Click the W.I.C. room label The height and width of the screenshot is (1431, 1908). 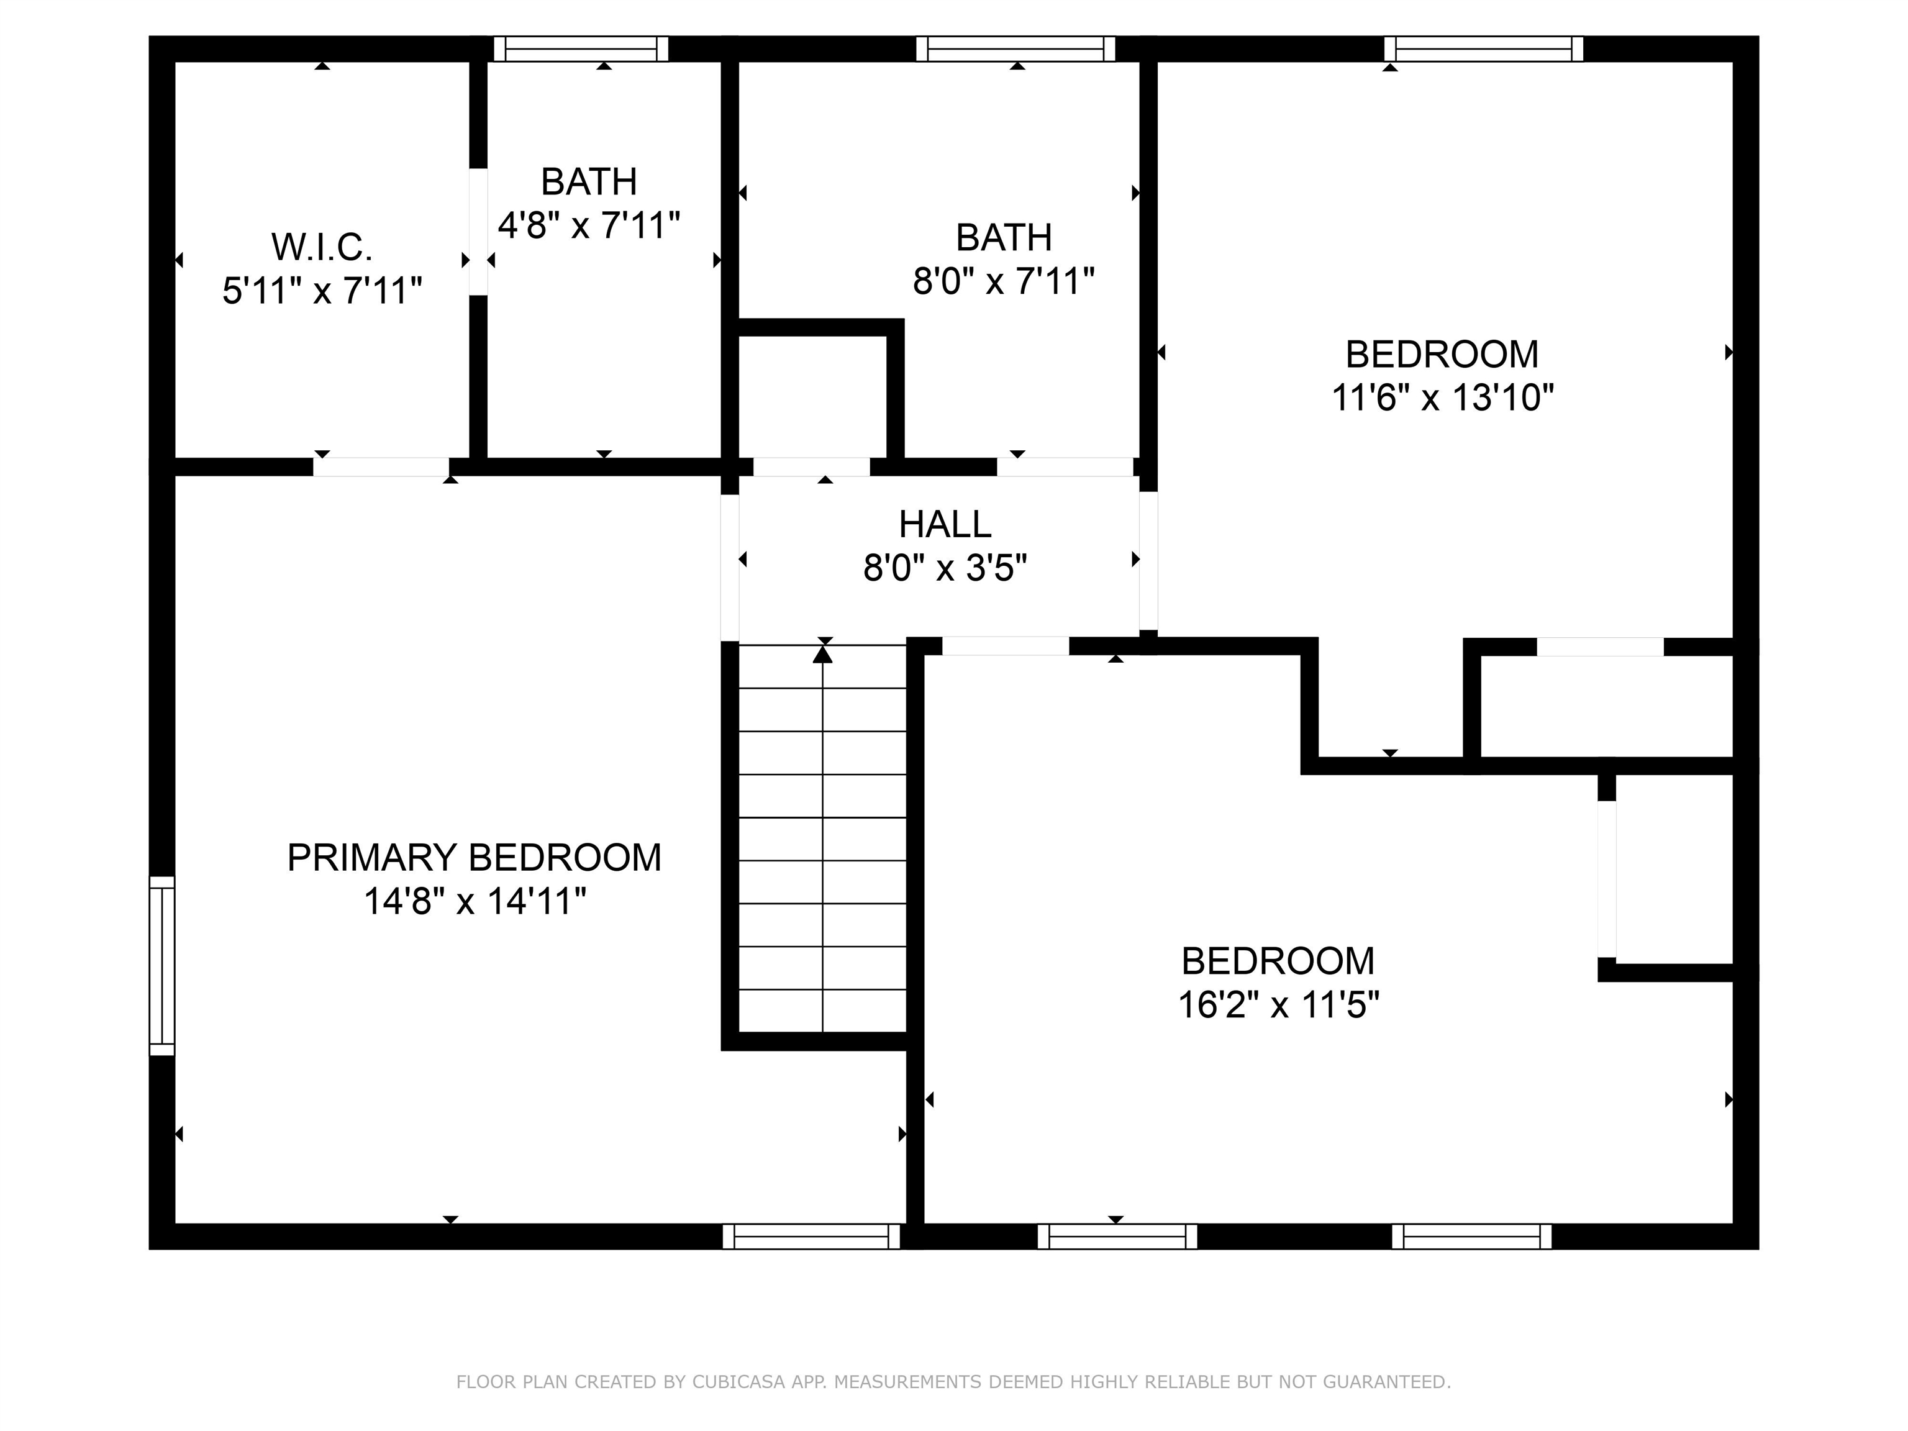point(322,248)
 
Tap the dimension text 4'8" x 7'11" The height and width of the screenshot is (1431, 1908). point(589,226)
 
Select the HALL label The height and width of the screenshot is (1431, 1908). point(945,524)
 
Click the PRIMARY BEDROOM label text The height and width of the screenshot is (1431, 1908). point(473,857)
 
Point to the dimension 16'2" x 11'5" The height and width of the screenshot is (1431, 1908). point(1278,1005)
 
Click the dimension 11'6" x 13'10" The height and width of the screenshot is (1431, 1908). point(1442,399)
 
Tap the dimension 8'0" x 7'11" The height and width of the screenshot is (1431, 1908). point(1003,281)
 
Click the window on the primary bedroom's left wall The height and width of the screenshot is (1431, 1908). point(162,965)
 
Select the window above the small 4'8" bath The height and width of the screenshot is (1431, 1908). point(581,49)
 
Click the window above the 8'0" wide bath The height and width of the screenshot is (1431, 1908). point(1015,49)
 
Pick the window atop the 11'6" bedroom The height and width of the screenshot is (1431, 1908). point(1484,49)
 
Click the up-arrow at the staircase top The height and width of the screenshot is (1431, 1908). point(823,655)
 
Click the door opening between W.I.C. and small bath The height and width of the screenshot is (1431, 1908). point(478,231)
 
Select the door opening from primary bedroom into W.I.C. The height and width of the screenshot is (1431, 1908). point(381,466)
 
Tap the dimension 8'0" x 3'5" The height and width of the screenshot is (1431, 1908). point(945,568)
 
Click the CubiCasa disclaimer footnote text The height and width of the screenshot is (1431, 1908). point(953,1382)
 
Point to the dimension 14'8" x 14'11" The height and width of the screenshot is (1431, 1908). point(473,902)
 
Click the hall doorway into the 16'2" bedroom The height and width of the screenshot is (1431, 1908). point(1005,646)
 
